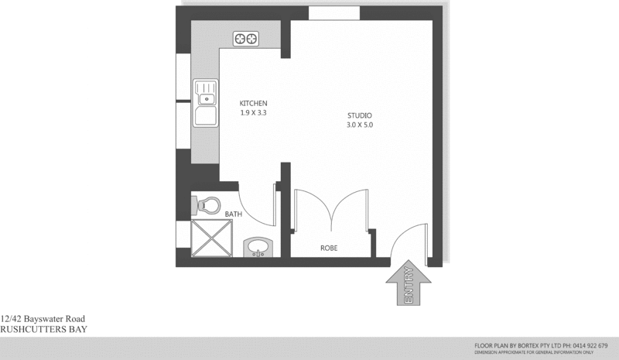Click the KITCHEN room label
[253, 103]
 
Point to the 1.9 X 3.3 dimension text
[253, 112]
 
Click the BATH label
[234, 214]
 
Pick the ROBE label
[330, 249]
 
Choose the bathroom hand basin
[258, 248]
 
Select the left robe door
[313, 209]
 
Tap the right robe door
[352, 209]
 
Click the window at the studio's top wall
[333, 13]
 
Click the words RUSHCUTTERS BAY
[43, 329]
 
